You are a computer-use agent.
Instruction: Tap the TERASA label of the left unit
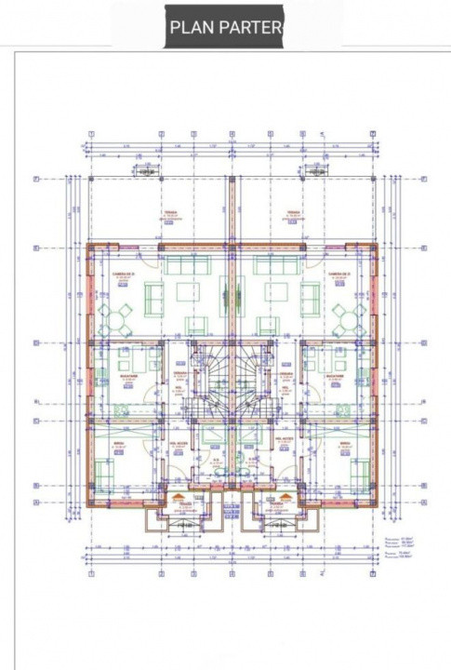(x=170, y=213)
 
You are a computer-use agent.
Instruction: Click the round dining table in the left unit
(x=117, y=317)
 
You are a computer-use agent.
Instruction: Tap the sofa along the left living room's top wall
(x=180, y=266)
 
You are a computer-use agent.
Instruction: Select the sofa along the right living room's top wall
(x=270, y=266)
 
